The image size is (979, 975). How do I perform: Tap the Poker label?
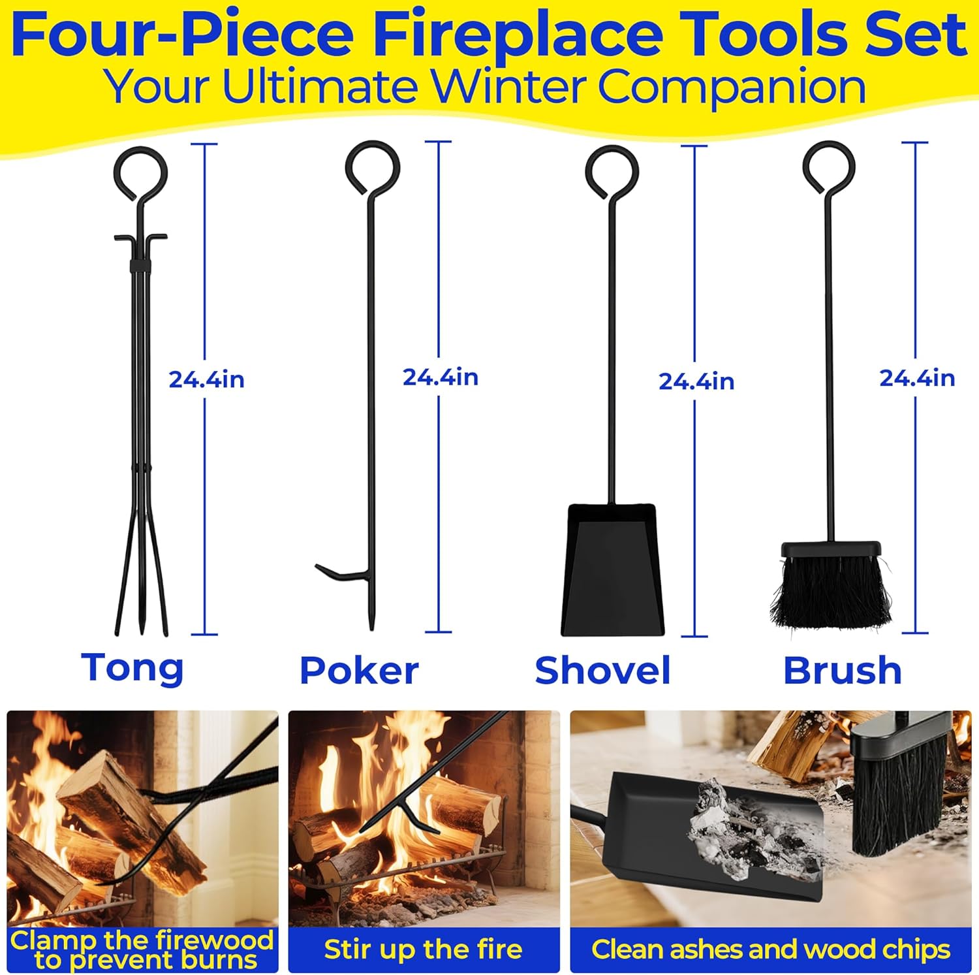(359, 671)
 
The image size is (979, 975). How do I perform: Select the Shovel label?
(602, 671)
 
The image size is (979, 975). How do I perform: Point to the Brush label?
(843, 671)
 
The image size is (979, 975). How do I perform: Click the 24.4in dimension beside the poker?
(441, 377)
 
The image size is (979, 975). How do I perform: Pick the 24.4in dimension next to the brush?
(917, 378)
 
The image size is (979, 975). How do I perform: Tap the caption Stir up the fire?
(424, 950)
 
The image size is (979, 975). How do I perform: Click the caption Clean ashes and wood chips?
(771, 950)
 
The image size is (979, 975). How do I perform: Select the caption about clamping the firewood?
(142, 950)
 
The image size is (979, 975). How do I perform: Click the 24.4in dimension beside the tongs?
(206, 379)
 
